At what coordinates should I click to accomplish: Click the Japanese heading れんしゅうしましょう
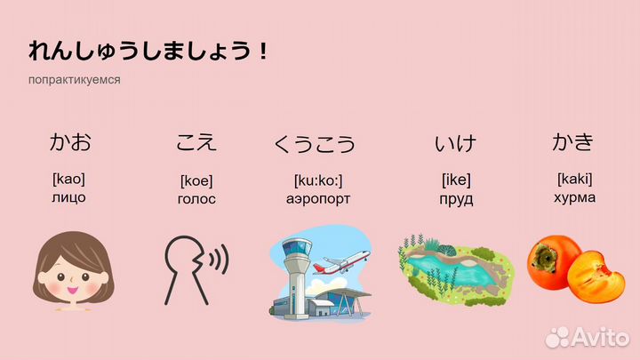pyautogui.click(x=148, y=51)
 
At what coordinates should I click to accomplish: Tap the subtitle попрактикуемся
pyautogui.click(x=75, y=80)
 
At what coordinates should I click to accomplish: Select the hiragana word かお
pyautogui.click(x=70, y=142)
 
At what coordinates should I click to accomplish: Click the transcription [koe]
pyautogui.click(x=196, y=180)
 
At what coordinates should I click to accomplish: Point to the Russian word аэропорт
pyautogui.click(x=318, y=199)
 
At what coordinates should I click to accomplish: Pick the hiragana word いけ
pyautogui.click(x=455, y=143)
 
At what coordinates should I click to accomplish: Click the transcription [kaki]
pyautogui.click(x=575, y=179)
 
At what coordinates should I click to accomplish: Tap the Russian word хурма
pyautogui.click(x=574, y=198)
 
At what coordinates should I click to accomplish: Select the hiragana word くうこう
pyautogui.click(x=315, y=144)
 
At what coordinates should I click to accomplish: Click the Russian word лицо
pyautogui.click(x=68, y=197)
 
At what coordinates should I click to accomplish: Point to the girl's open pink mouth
pyautogui.click(x=73, y=291)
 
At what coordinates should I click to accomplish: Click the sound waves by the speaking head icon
pyautogui.click(x=219, y=259)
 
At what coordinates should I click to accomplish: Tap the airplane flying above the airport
pyautogui.click(x=341, y=261)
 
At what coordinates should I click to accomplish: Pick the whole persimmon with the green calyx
pyautogui.click(x=551, y=261)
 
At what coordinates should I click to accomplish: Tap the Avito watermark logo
pyautogui.click(x=587, y=337)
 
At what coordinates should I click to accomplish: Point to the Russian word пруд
pyautogui.click(x=456, y=200)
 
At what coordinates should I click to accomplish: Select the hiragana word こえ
pyautogui.click(x=196, y=142)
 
